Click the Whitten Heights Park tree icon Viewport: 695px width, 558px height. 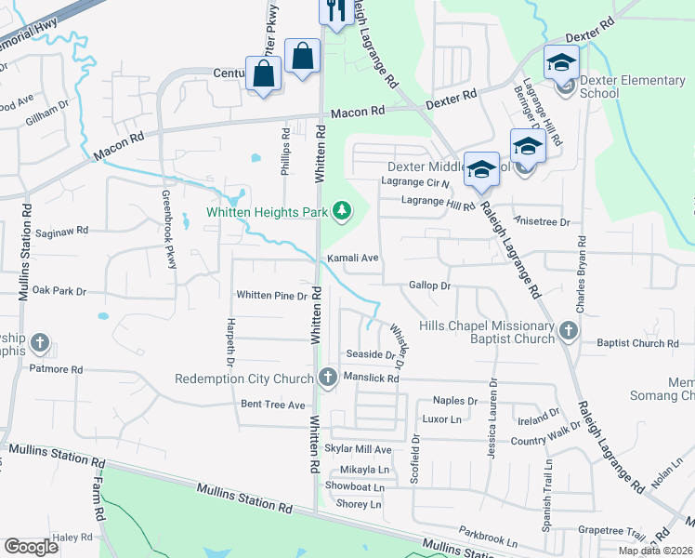[x=343, y=211]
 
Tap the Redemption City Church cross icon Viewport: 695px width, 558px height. [x=327, y=378]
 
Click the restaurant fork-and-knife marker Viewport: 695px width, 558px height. [x=334, y=10]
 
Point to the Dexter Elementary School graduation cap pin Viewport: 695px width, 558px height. [x=561, y=63]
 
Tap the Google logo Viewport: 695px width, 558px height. [x=32, y=546]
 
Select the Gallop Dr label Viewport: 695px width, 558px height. [x=429, y=286]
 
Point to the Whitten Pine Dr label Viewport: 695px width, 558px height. [x=271, y=296]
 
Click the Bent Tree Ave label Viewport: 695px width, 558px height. [x=273, y=405]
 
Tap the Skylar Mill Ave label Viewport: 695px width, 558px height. [x=359, y=449]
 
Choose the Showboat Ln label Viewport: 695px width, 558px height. [x=354, y=486]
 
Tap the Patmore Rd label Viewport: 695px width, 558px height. [x=55, y=369]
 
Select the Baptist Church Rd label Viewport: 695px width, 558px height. [x=637, y=343]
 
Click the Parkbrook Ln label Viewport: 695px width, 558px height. [x=487, y=540]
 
